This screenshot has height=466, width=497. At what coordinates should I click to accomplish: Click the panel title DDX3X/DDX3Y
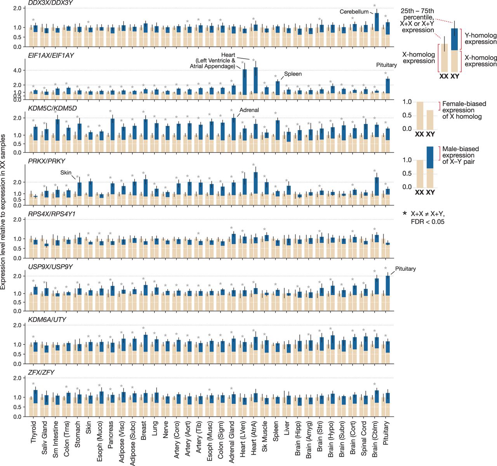[x=51, y=3]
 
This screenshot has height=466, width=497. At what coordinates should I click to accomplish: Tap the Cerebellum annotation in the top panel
[x=354, y=12]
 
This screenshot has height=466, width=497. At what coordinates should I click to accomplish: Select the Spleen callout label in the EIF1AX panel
[x=293, y=74]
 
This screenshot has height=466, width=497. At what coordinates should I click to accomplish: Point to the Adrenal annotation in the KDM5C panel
[x=249, y=110]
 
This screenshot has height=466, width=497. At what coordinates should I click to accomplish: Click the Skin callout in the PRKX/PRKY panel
[x=66, y=172]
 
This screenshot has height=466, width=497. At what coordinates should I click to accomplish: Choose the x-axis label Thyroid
[x=33, y=432]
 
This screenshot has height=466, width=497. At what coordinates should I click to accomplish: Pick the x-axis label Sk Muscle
[x=264, y=436]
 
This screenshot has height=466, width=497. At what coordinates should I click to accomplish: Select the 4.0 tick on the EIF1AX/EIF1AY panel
[x=17, y=71]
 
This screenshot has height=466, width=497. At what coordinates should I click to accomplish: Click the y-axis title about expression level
[x=3, y=212]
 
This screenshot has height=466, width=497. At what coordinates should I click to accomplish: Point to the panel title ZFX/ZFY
[x=41, y=372]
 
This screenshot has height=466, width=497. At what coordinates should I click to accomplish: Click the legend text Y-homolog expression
[x=480, y=38]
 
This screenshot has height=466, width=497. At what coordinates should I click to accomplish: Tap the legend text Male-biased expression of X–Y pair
[x=461, y=155]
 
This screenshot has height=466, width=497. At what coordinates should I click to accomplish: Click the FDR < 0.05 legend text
[x=427, y=222]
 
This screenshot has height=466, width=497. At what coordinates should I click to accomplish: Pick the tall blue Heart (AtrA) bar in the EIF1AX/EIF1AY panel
[x=255, y=80]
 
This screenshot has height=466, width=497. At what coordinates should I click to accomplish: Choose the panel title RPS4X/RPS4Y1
[x=52, y=214]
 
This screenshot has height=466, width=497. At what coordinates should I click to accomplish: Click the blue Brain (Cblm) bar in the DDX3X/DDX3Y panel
[x=377, y=22]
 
